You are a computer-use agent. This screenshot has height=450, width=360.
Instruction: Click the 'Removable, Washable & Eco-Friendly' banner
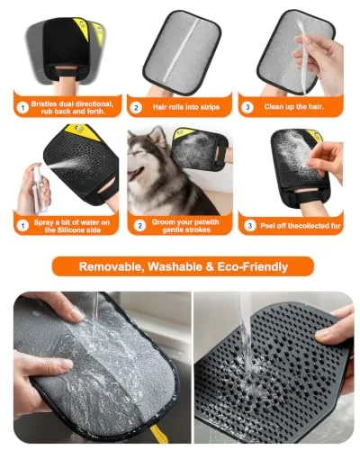coord(183,266)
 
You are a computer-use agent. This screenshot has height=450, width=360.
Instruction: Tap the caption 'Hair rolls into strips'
coord(186,107)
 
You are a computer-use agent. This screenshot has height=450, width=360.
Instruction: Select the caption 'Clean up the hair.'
coord(294,106)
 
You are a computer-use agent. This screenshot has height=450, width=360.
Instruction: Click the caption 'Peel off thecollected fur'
coord(301,226)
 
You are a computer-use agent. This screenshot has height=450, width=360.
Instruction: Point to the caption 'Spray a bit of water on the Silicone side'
coord(72,226)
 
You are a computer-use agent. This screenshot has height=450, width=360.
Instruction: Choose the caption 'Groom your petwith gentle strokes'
coord(185,226)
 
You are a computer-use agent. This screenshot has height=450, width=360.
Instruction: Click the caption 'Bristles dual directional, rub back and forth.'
coord(72,107)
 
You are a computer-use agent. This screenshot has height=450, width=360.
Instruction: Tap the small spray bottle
coord(39,187)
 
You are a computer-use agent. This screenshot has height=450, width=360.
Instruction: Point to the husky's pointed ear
coord(157,134)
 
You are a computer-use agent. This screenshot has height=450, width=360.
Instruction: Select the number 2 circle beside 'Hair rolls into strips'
coord(136,107)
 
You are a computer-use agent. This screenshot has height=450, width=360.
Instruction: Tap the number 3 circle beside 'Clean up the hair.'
coord(247,107)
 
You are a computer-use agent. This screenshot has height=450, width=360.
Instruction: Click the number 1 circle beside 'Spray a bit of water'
coord(22,226)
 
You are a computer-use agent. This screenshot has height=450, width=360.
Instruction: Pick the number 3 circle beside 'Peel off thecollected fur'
coord(250,226)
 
